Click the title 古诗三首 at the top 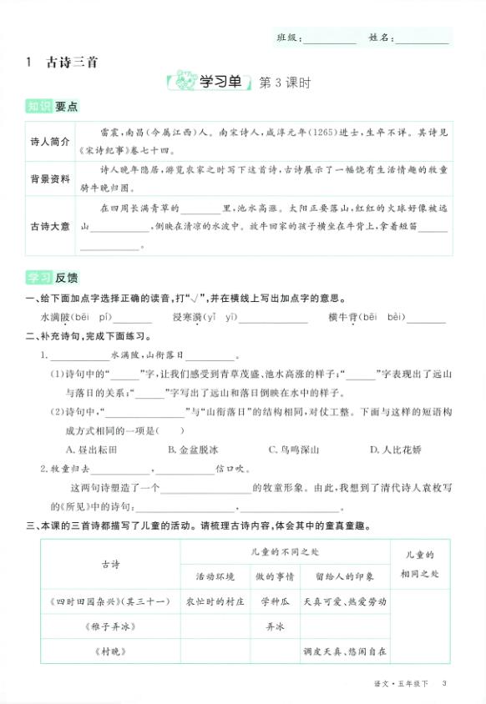[x=68, y=62]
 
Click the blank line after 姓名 [x=422, y=39]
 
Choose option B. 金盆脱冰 [x=193, y=450]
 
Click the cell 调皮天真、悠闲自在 [x=344, y=650]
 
